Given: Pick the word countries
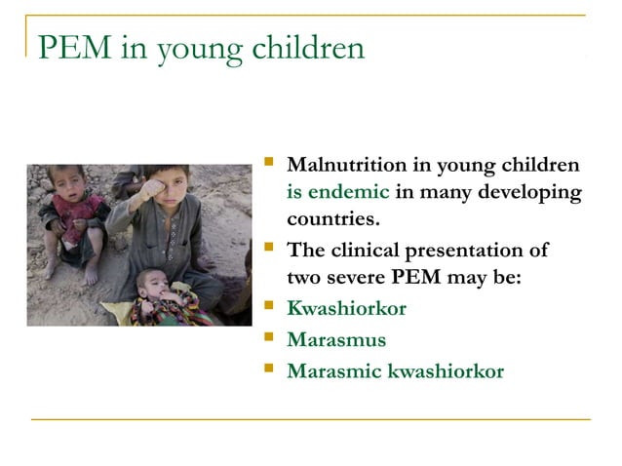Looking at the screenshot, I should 332,215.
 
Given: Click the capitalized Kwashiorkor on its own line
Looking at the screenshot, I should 346,308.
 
